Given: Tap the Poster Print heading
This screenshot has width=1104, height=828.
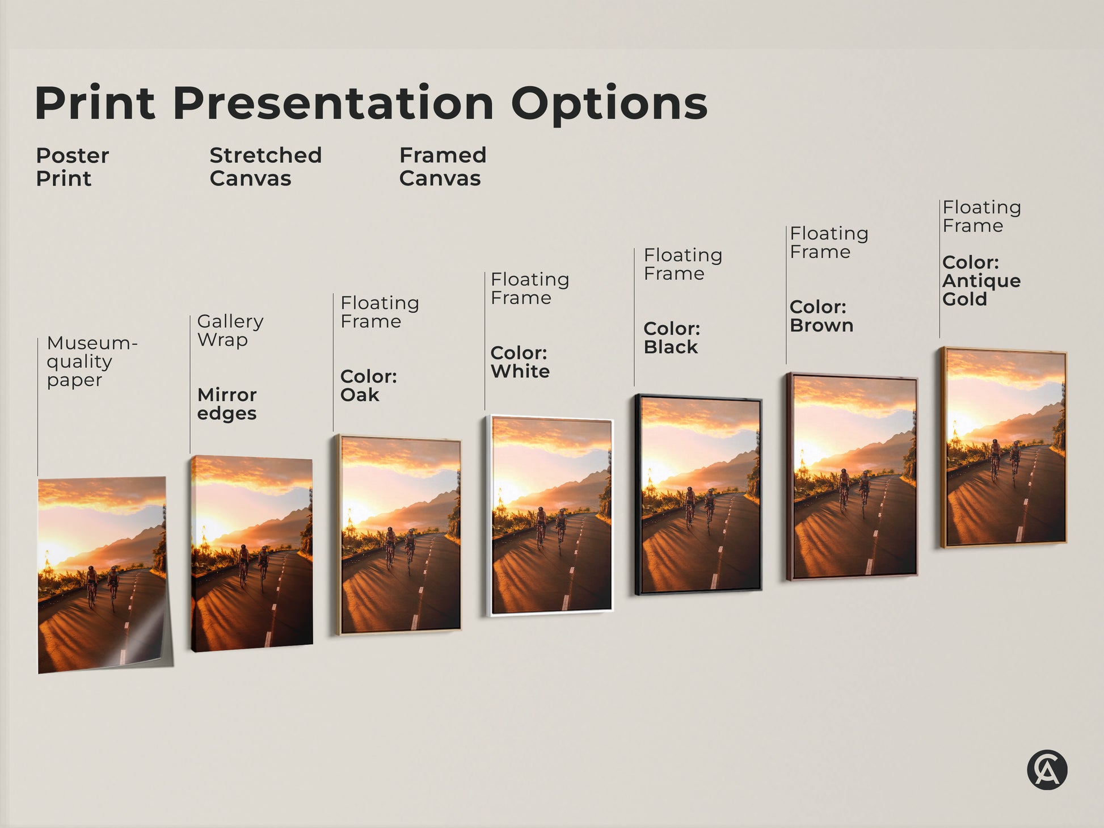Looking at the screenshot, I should [x=72, y=167].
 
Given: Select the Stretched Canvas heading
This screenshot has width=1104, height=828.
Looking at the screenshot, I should [x=265, y=167].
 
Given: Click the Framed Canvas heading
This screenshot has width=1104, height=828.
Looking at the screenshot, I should [x=442, y=167].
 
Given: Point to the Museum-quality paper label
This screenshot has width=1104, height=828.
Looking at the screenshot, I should [x=91, y=362].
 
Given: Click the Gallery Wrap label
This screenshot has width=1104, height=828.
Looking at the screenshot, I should [x=230, y=330].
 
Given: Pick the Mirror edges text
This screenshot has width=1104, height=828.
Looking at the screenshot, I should [x=226, y=404].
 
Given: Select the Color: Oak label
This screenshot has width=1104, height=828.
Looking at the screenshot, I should [x=368, y=385].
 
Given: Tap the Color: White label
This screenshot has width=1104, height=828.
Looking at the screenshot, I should [x=519, y=362].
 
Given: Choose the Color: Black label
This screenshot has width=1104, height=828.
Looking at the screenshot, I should [x=671, y=338].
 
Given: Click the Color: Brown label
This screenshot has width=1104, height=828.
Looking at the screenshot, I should [x=821, y=316].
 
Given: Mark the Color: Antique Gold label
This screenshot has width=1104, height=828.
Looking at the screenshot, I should [x=981, y=281].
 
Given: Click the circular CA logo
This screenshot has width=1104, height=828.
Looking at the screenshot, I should [x=1047, y=770].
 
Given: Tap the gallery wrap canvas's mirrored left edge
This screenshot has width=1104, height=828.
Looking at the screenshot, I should [x=193, y=553].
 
